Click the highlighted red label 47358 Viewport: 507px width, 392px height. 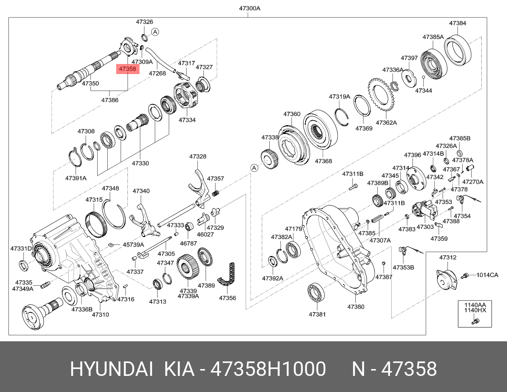click(128, 69)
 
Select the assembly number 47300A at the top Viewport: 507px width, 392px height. click(247, 8)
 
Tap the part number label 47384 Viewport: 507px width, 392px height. click(458, 23)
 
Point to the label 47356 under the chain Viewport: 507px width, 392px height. click(227, 298)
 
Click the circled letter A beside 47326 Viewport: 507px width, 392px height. click(155, 32)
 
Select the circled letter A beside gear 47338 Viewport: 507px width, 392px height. click(254, 168)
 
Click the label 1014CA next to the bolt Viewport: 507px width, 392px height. click(487, 275)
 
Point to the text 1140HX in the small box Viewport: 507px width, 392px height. click(475, 310)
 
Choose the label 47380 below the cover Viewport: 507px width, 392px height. click(355, 307)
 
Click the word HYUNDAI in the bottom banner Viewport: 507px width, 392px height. click(111, 369)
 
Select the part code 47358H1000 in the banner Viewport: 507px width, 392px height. click(269, 369)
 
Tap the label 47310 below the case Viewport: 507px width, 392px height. click(100, 314)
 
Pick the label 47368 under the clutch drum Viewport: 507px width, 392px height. click(323, 161)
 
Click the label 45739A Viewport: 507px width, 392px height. click(133, 244)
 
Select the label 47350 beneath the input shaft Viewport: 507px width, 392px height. click(90, 83)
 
